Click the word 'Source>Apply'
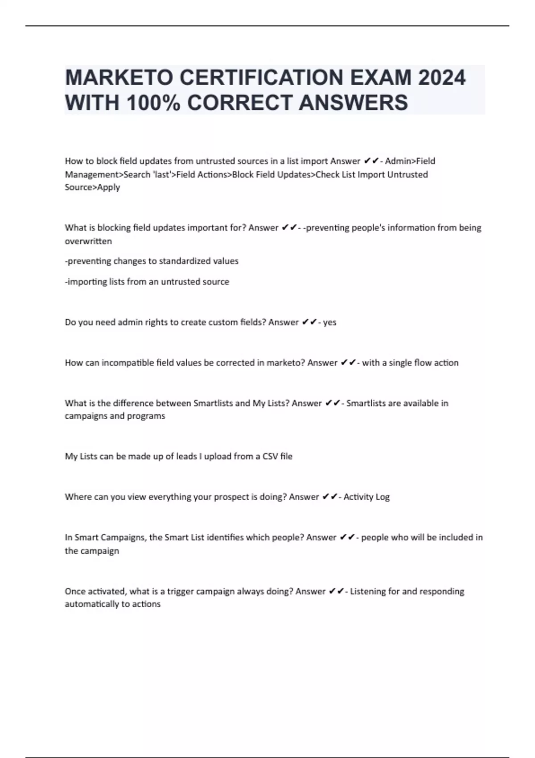[x=92, y=187]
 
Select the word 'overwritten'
[x=88, y=241]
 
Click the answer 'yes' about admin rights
[x=329, y=322]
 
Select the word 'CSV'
[x=270, y=457]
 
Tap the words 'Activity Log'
[x=366, y=497]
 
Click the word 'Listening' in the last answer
[x=368, y=592]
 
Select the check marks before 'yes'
[x=309, y=322]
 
